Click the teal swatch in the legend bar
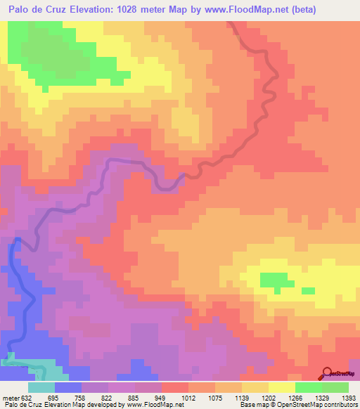(x=41, y=387)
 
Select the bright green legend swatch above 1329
(x=309, y=387)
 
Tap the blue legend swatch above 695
(x=68, y=387)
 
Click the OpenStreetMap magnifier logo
(x=327, y=374)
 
